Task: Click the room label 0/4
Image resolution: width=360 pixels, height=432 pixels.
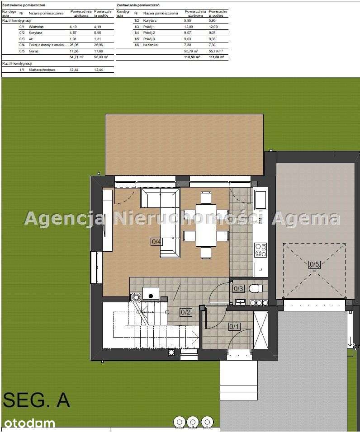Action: click(156, 242)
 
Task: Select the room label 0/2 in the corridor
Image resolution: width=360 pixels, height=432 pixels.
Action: click(185, 312)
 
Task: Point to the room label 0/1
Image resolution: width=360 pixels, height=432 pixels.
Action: click(234, 326)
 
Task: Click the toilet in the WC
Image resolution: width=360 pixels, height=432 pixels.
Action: click(256, 288)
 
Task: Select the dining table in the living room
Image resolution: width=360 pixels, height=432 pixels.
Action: click(206, 224)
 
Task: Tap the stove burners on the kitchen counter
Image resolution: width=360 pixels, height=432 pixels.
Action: click(261, 249)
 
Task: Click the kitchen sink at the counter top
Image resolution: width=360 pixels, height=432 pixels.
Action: click(261, 199)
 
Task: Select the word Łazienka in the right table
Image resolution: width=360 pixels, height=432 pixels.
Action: click(150, 45)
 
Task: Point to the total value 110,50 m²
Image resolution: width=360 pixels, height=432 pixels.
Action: click(192, 57)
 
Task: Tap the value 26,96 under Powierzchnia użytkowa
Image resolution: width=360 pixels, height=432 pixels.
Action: click(75, 45)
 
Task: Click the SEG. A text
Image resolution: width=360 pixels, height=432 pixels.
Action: click(36, 400)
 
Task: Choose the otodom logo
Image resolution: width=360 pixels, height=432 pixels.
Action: click(29, 423)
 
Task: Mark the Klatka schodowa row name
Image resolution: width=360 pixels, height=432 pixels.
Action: click(42, 70)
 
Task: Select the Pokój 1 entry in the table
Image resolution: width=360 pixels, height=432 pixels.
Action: click(149, 27)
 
